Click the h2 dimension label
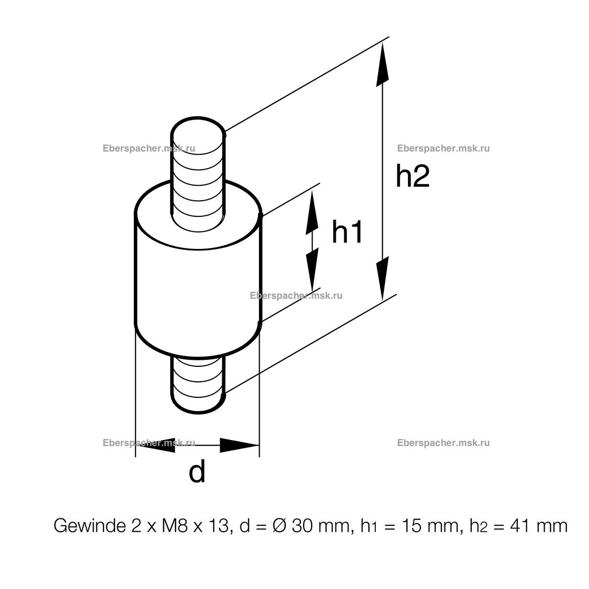pyautogui.click(x=412, y=176)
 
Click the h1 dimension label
pyautogui.click(x=348, y=232)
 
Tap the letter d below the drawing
pyautogui.click(x=197, y=472)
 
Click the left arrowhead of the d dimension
pyautogui.click(x=155, y=444)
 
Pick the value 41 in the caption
pyautogui.click(x=516, y=526)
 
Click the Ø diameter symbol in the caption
pyautogui.click(x=280, y=526)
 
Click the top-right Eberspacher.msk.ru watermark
pyautogui.click(x=443, y=149)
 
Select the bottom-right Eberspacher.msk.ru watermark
pyautogui.click(x=443, y=443)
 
